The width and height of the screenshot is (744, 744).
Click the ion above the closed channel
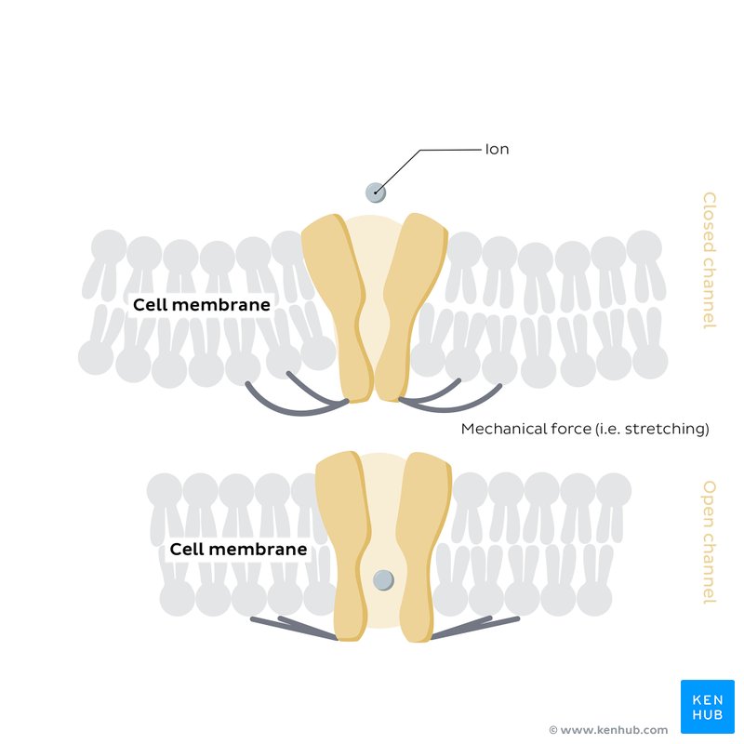[x=375, y=193]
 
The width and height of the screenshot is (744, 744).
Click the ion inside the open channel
[x=383, y=581]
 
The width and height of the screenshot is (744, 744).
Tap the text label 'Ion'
[x=497, y=149]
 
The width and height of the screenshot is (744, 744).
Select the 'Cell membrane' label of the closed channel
[x=202, y=305]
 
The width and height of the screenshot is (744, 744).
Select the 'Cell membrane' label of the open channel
[x=238, y=550]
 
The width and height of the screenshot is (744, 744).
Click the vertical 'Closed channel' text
[x=709, y=259]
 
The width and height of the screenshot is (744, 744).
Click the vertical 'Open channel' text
[x=709, y=542]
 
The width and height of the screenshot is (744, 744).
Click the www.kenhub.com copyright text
[x=608, y=730]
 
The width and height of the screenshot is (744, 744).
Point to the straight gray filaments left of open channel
[x=293, y=627]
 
